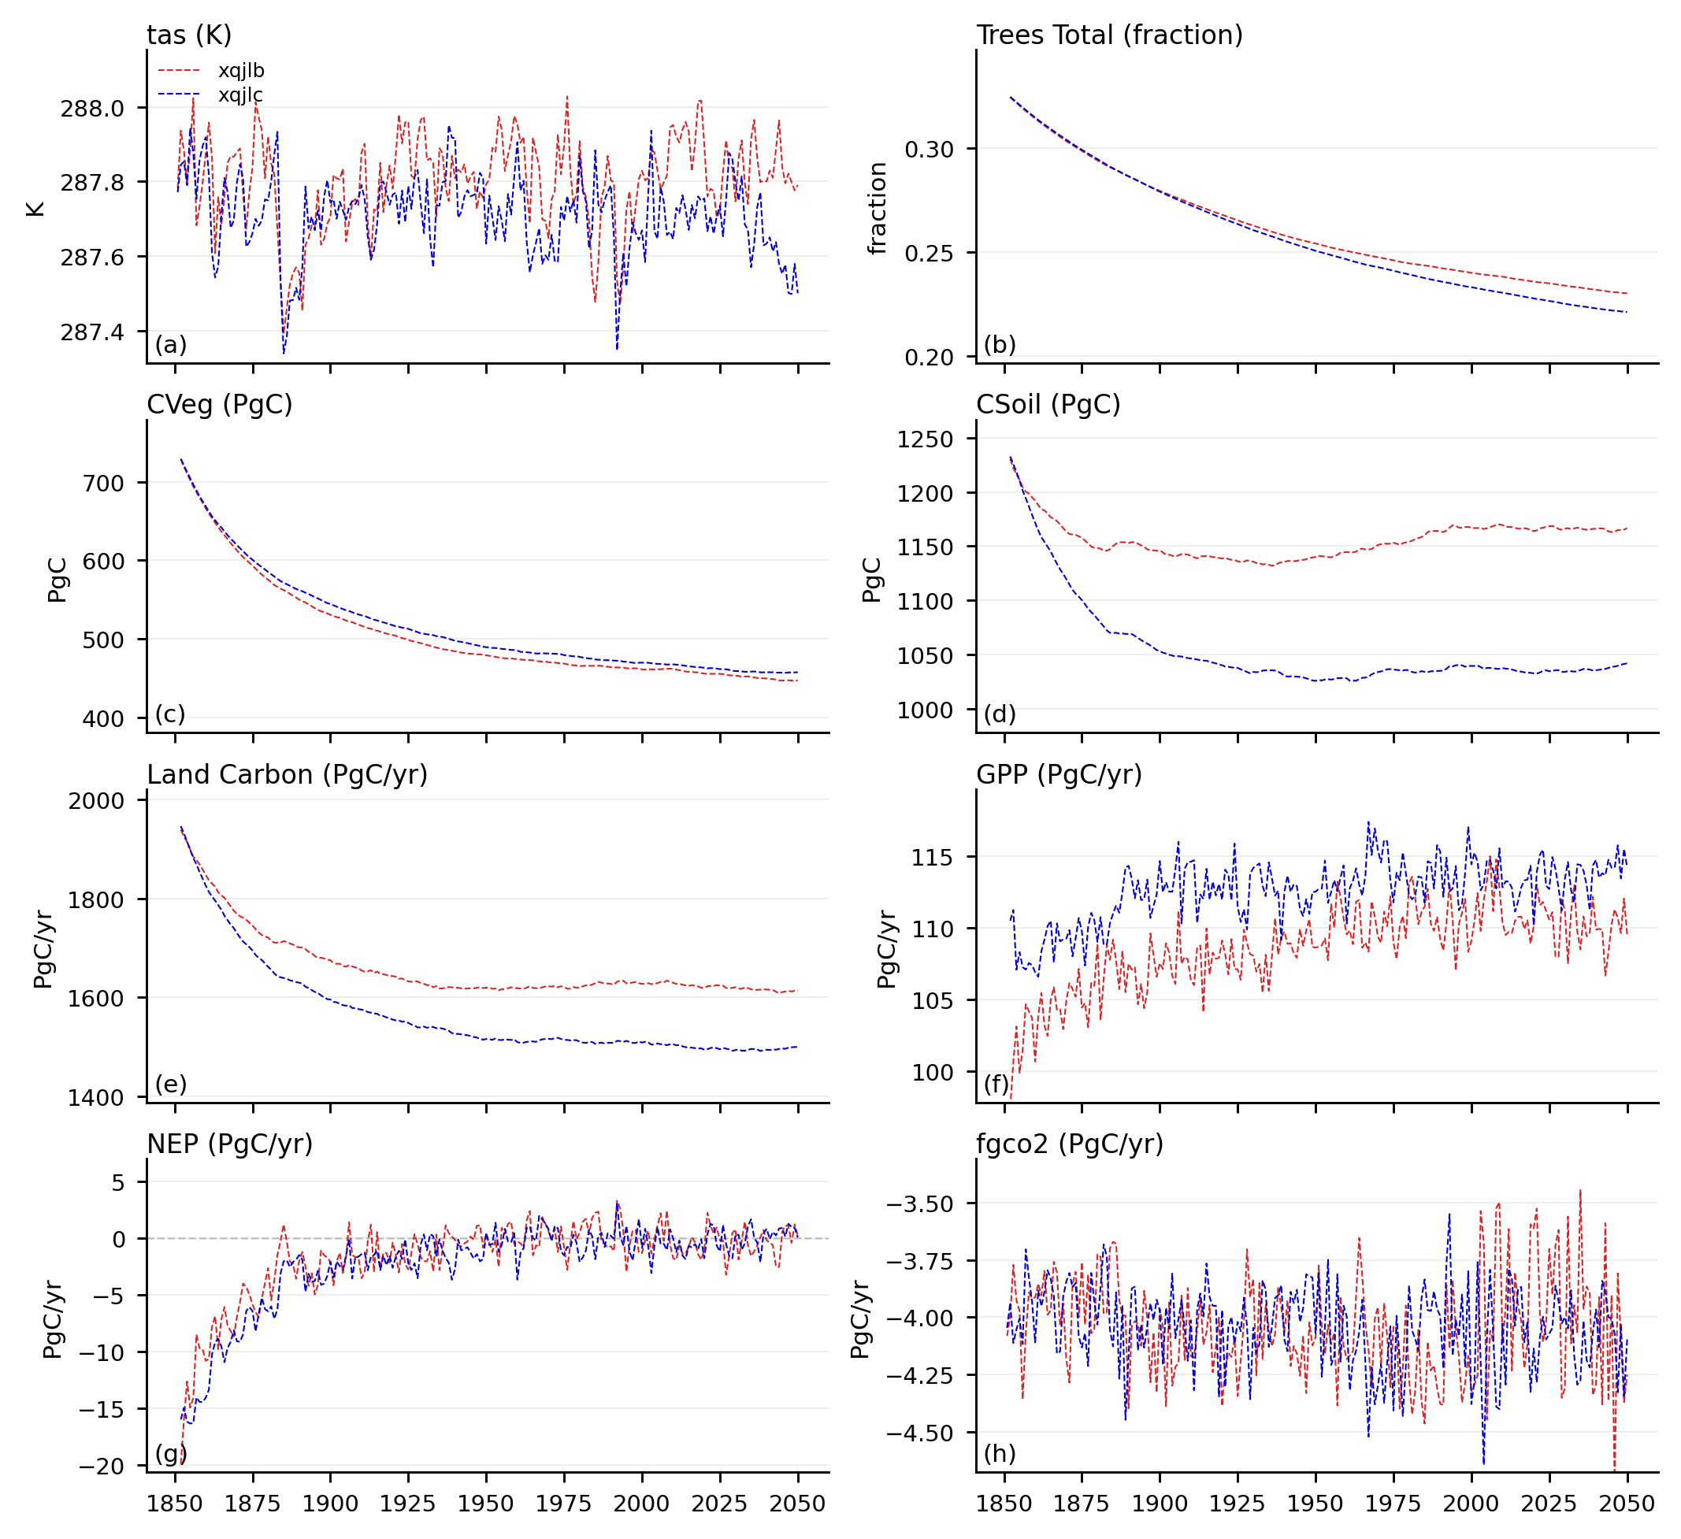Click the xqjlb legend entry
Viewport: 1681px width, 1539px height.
pos(241,71)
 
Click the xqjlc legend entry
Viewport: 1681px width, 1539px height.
pos(241,95)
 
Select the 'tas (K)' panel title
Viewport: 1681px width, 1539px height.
pos(189,35)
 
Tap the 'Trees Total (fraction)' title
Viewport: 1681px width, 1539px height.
pos(1109,35)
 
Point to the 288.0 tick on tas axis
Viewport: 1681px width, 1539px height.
pos(91,109)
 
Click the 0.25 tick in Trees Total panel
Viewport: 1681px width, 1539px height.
pos(929,253)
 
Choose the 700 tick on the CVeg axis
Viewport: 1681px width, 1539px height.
pos(103,483)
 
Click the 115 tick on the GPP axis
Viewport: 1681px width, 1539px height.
pos(935,857)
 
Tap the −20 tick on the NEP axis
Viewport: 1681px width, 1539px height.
pos(101,1467)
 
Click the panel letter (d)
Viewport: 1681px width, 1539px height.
pos(999,714)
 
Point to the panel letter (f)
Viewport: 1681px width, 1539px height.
pos(996,1084)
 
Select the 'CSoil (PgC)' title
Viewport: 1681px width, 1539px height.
pos(1048,404)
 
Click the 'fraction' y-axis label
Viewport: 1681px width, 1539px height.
pos(878,208)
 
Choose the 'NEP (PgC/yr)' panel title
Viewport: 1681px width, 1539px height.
pos(230,1144)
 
